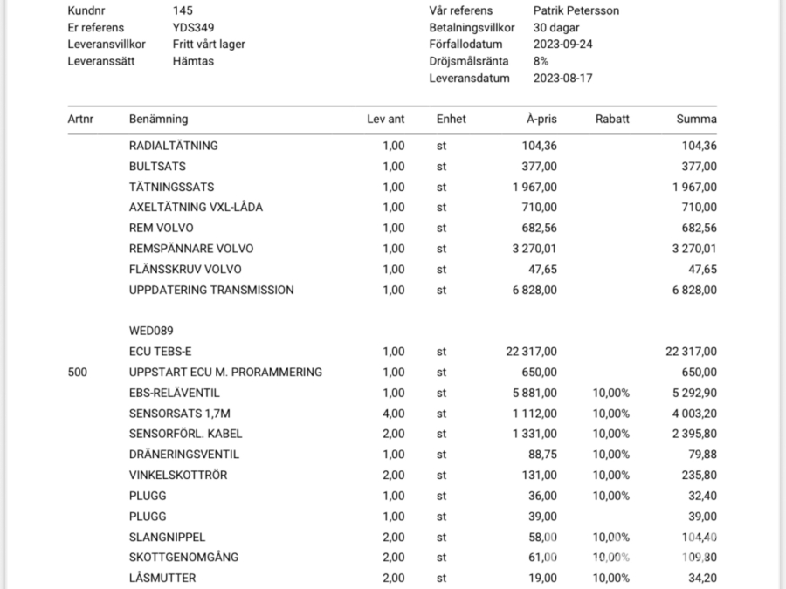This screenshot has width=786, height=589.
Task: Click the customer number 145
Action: pos(183,10)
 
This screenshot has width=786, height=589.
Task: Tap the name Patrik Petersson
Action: pos(576,10)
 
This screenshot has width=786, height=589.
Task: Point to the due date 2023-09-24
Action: pos(562,45)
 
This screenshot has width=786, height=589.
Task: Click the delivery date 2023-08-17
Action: pos(562,78)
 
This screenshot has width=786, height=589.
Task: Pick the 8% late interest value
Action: pos(541,61)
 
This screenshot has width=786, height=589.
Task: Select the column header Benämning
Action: pos(158,119)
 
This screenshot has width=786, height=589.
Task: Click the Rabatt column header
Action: pos(611,119)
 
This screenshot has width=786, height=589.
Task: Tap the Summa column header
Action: pos(696,119)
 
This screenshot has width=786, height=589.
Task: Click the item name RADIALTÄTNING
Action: pos(173,146)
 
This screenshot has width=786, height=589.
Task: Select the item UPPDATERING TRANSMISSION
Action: pos(211,290)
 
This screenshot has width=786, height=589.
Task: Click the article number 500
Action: pos(78,372)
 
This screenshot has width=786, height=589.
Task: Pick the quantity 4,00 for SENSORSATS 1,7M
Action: pos(393,413)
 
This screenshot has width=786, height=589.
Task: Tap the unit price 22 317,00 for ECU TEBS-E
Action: pos(531,352)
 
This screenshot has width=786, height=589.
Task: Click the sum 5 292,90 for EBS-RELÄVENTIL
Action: pos(693,393)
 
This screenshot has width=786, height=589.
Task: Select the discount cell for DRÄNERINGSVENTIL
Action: pos(611,455)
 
